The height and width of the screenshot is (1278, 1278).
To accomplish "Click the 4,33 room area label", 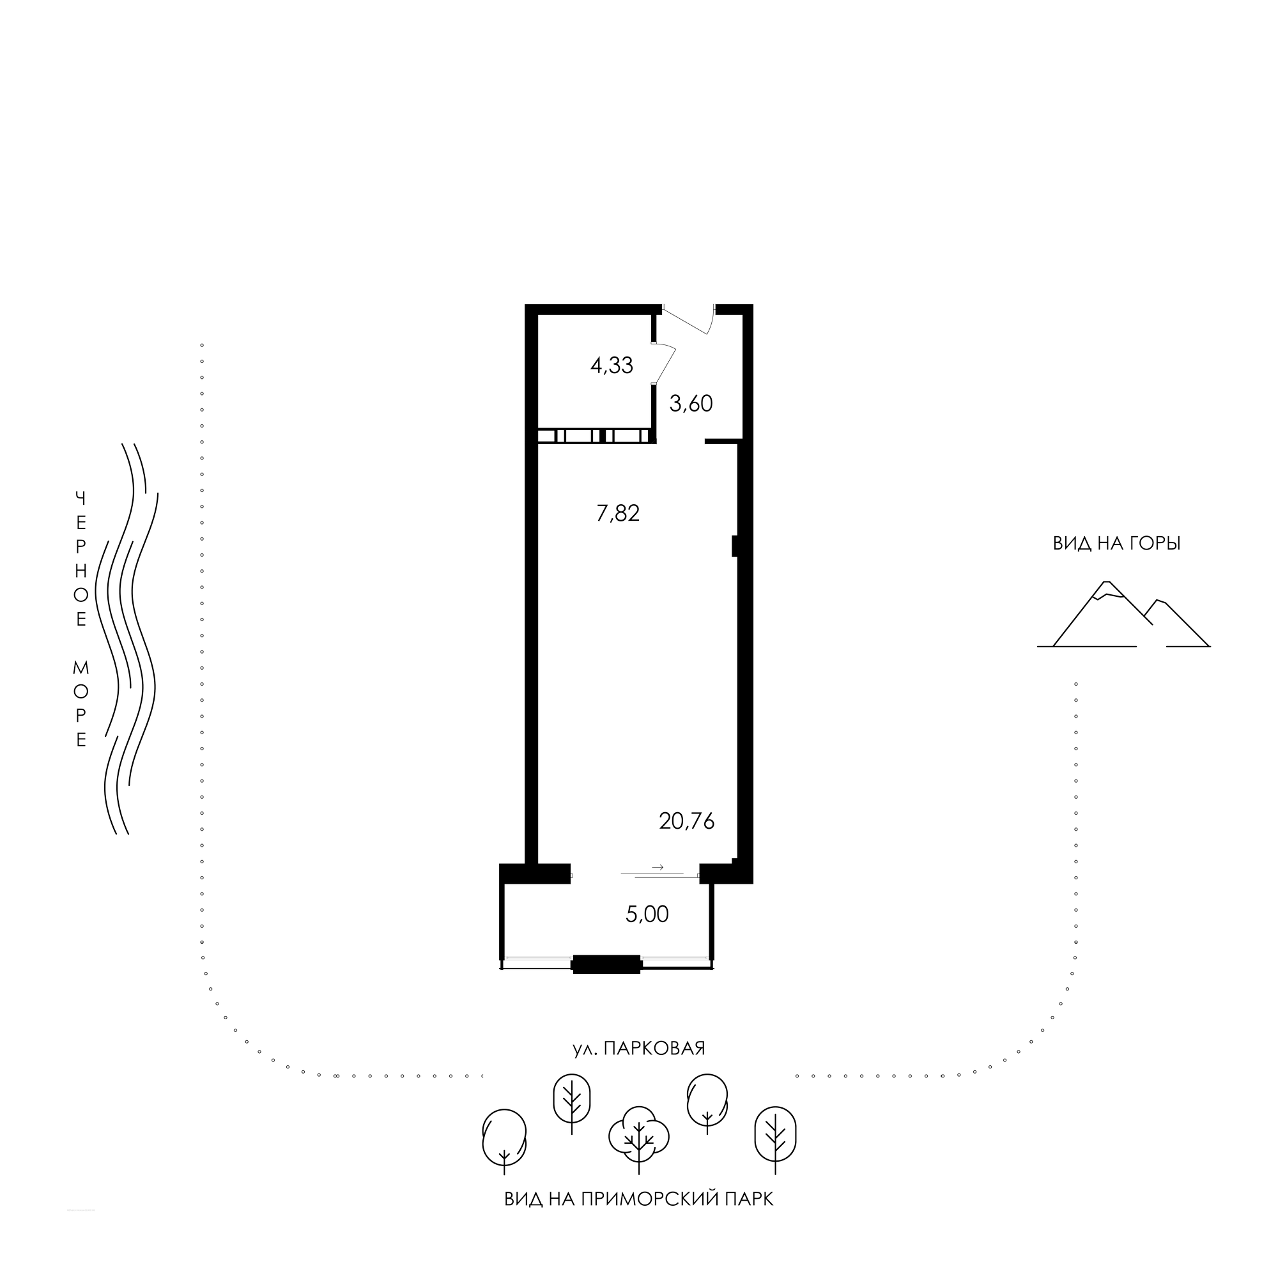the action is [612, 365].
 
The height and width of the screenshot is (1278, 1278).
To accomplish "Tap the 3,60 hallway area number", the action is [691, 403].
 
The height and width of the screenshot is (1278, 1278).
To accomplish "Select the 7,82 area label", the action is [619, 513].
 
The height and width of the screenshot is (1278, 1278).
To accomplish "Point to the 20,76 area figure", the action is [688, 822].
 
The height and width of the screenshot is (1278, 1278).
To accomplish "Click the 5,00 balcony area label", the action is [647, 915].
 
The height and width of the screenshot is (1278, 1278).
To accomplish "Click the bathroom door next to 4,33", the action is [664, 363].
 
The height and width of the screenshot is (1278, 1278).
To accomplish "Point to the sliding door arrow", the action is [658, 866].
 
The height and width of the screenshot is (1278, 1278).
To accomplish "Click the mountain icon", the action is [1124, 615].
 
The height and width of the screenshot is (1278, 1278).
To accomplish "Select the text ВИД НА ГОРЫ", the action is [1116, 544].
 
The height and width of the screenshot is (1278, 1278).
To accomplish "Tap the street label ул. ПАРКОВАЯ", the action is [639, 1049].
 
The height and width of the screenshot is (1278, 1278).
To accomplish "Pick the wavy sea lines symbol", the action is [127, 638].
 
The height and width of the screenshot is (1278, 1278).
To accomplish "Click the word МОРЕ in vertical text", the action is [81, 704].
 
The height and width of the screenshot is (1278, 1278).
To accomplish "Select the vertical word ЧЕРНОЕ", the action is [81, 559].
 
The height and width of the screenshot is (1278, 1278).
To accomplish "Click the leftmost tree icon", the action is [504, 1142].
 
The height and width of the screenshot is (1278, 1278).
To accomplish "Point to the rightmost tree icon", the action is [775, 1140].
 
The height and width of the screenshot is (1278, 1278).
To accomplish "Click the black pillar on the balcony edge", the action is [606, 964].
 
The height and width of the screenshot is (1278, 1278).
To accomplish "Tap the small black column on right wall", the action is [734, 546].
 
